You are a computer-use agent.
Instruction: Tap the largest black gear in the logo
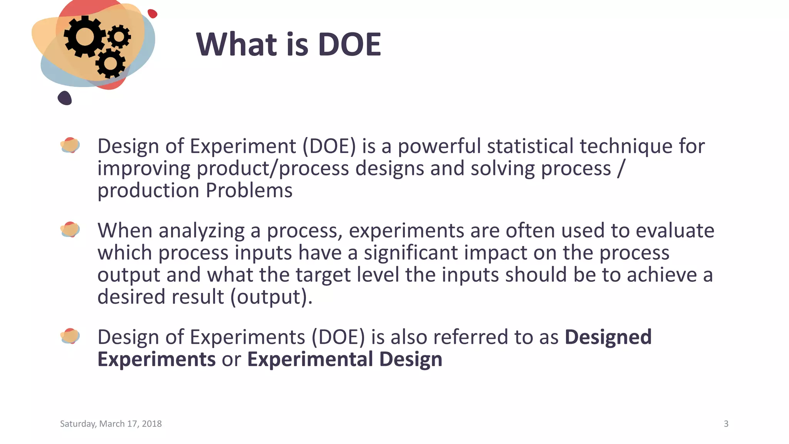84,37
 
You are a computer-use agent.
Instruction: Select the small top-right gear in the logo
119,37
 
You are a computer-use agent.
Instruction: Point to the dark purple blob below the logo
65,98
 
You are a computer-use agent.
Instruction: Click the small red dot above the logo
153,13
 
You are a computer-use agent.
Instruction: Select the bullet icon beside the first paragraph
70,145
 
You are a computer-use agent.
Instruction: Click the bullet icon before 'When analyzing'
70,230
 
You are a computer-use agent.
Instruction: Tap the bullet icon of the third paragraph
70,336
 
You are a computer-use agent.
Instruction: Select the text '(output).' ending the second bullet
271,297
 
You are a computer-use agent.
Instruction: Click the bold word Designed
608,337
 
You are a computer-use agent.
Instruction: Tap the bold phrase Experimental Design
344,359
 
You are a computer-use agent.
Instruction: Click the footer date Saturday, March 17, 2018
111,424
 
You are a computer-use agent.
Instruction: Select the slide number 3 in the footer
726,424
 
